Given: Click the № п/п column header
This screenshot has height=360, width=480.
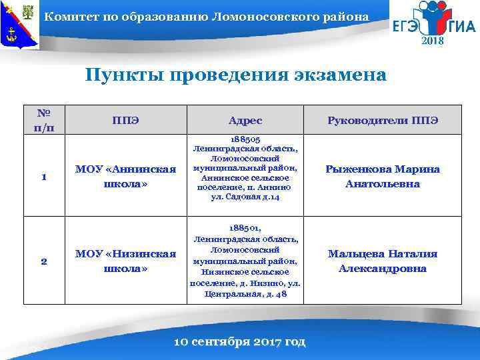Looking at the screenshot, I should pos(43,120).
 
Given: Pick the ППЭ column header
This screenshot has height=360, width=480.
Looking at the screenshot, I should pos(125,120).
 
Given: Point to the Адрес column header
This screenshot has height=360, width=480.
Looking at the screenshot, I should pos(245,121).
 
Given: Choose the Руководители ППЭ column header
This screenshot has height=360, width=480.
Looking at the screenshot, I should pos(382,121).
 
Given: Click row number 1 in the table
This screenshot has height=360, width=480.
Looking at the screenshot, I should pos(43,177).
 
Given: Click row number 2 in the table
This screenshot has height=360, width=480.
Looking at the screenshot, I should pos(43,261).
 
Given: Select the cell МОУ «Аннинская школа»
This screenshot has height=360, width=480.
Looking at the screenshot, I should pos(125,176).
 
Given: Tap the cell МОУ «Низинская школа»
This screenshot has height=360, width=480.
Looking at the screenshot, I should pos(125,261).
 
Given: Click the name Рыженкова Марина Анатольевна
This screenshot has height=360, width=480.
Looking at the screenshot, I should pos(382,176).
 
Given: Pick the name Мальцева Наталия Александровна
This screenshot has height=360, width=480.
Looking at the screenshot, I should pos(382,261).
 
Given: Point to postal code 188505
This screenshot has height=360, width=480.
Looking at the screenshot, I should pos(245,139).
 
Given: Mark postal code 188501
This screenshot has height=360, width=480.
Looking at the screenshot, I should pos(245,227).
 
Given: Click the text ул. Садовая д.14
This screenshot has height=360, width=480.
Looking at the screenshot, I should pos(245,198).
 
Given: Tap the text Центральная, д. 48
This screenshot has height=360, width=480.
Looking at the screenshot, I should pos(245,294).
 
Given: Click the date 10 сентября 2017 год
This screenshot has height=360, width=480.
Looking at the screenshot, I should pos(239,342).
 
